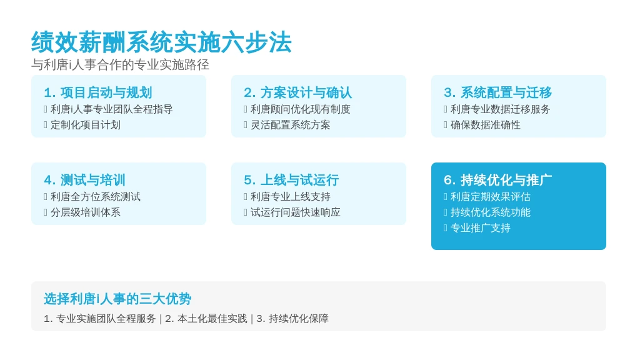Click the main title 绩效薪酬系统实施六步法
pyautogui.click(x=161, y=42)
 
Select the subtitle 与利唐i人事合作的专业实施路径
pyautogui.click(x=121, y=64)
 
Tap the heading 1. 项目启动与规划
pyautogui.click(x=98, y=92)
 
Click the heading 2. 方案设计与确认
pyautogui.click(x=298, y=92)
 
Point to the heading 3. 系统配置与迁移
pyautogui.click(x=498, y=92)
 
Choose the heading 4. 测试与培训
pyautogui.click(x=84, y=180)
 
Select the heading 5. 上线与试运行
pyautogui.click(x=291, y=180)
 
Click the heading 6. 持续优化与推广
pyautogui.click(x=498, y=180)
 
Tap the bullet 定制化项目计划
pyautogui.click(x=85, y=125)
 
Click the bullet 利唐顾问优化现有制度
pyautogui.click(x=301, y=109)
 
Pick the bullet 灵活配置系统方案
pyautogui.click(x=290, y=125)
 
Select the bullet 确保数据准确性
pyautogui.click(x=485, y=125)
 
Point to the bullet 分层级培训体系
pyautogui.click(x=85, y=212)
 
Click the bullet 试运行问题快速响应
pyautogui.click(x=295, y=212)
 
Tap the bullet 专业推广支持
pyautogui.click(x=481, y=227)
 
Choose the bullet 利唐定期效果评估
pyautogui.click(x=490, y=197)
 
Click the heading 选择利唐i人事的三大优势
pyautogui.click(x=117, y=299)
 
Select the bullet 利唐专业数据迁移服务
pyautogui.click(x=501, y=109)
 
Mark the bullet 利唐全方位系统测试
pyautogui.click(x=96, y=197)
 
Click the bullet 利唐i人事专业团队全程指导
pyautogui.click(x=111, y=109)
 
